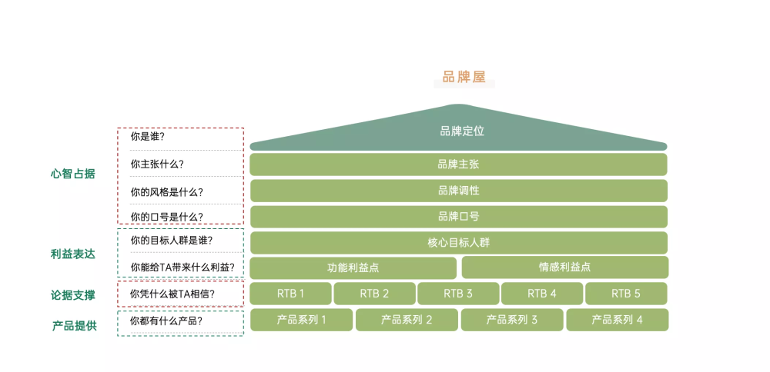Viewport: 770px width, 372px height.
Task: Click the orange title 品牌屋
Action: [464, 78]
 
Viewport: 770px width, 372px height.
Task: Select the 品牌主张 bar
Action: [458, 164]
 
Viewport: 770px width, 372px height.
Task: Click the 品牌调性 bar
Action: [459, 191]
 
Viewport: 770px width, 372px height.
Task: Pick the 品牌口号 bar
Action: [459, 217]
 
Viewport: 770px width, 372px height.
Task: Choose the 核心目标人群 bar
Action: [459, 243]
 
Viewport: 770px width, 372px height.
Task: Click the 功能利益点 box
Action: [353, 267]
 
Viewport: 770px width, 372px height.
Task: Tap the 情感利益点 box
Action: [564, 267]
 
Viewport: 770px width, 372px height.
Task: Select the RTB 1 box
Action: [291, 294]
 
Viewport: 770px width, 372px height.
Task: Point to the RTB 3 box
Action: [458, 294]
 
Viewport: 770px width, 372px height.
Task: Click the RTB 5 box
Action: [626, 294]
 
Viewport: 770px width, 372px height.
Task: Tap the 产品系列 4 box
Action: [618, 320]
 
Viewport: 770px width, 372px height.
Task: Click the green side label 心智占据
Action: [72, 174]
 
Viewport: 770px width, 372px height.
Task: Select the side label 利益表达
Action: [72, 254]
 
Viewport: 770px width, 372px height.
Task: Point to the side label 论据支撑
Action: [72, 295]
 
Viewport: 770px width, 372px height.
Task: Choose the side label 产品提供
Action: [75, 326]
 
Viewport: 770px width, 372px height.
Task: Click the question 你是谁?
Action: [147, 137]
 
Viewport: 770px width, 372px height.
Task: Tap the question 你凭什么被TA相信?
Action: [172, 294]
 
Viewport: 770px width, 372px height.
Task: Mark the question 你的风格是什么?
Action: [167, 192]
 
